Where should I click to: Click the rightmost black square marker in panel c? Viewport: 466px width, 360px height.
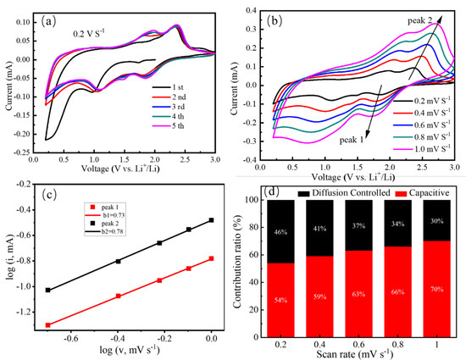point(211,220)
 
